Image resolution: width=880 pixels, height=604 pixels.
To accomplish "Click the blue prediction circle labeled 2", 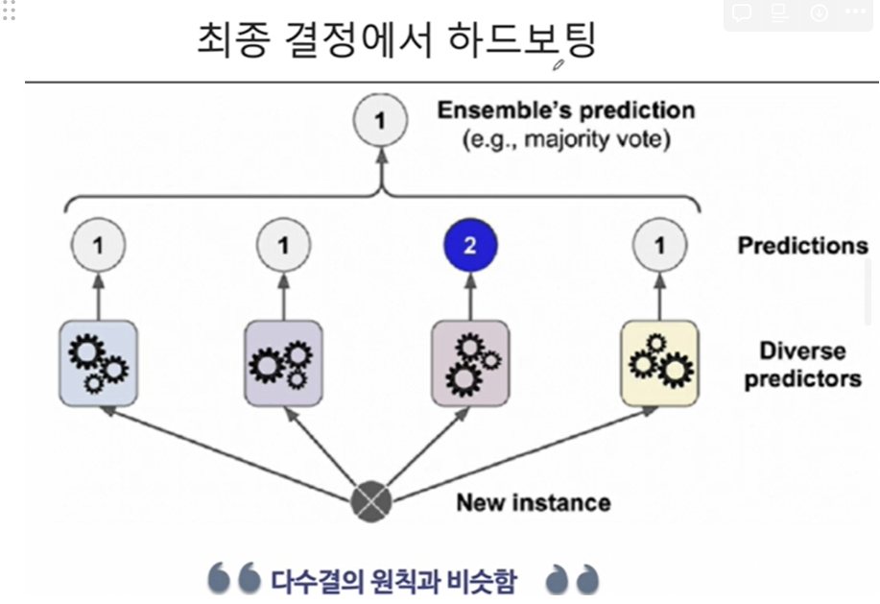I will click(469, 246).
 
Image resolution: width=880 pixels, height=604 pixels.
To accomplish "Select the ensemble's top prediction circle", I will click(380, 122).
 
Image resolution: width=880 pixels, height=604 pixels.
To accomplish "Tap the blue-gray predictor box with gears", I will click(98, 362).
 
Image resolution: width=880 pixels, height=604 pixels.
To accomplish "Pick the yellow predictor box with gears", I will click(659, 362).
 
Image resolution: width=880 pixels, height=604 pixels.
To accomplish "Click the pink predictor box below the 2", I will click(469, 362).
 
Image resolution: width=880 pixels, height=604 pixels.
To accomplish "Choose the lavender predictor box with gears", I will click(283, 362).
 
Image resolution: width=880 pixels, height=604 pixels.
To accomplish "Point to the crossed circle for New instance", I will click(371, 498).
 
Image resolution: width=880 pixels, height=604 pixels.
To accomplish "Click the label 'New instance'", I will click(533, 502).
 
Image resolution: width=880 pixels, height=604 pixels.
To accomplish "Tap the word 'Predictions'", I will click(802, 246).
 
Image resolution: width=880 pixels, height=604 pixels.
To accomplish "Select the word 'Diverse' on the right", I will click(803, 350).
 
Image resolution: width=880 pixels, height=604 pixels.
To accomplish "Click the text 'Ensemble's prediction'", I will click(565, 109).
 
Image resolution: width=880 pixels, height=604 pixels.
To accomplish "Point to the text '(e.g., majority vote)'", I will click(566, 140).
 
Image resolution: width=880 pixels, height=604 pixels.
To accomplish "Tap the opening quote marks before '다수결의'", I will click(234, 579).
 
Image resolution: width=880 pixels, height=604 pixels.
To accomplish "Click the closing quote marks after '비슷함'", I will click(572, 579).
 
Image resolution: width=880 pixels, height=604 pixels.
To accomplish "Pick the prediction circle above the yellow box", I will click(659, 246).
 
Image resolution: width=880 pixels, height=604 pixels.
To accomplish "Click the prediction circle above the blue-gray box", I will click(98, 246).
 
